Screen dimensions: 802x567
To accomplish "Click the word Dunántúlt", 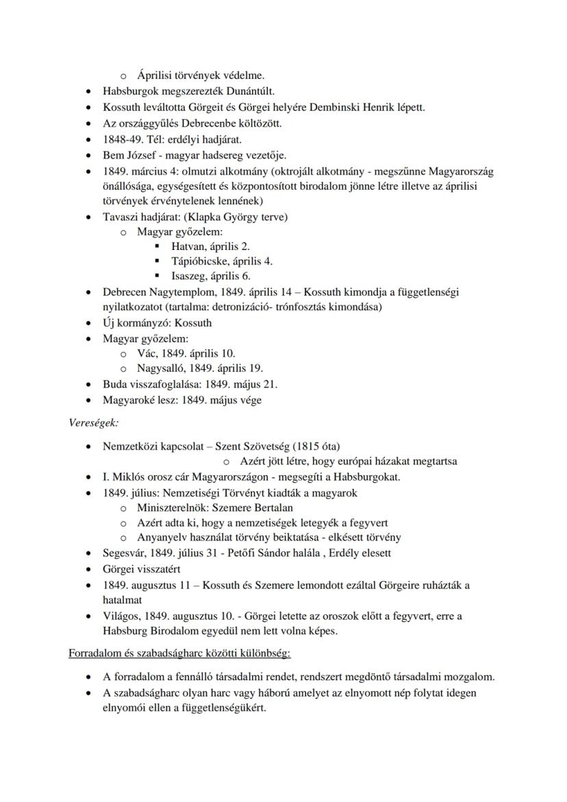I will [251, 91].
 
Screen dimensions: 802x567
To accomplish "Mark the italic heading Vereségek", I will [93, 423].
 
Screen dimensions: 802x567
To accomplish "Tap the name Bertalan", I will [272, 507].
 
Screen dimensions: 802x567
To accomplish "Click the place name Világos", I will [123, 616].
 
